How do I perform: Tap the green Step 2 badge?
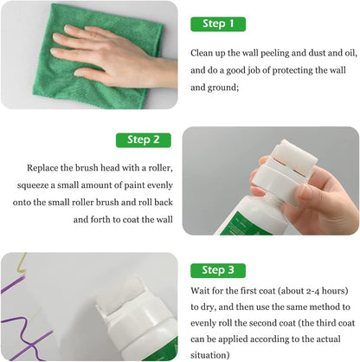pos(144,139)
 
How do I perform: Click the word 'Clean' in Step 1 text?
pos(203,53)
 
